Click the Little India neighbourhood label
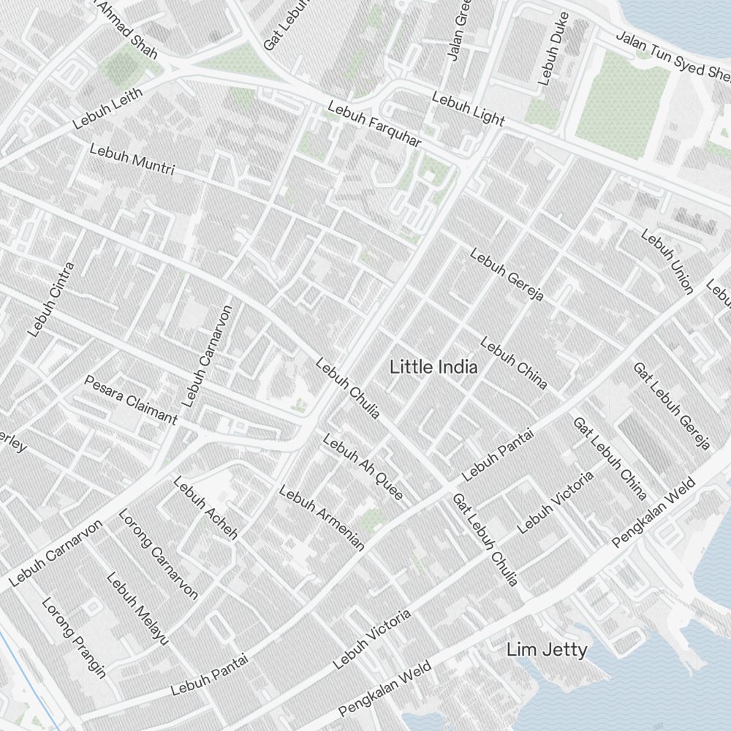point(433,367)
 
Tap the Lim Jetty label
point(547,649)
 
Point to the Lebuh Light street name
point(468,108)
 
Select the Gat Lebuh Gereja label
point(671,406)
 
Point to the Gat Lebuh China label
point(609,458)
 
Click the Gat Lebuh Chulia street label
point(485,540)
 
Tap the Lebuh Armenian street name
point(322,518)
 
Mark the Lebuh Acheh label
point(205,507)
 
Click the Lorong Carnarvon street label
point(158,554)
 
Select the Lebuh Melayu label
point(137,608)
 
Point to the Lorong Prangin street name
point(74,637)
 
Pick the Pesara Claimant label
point(131,399)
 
